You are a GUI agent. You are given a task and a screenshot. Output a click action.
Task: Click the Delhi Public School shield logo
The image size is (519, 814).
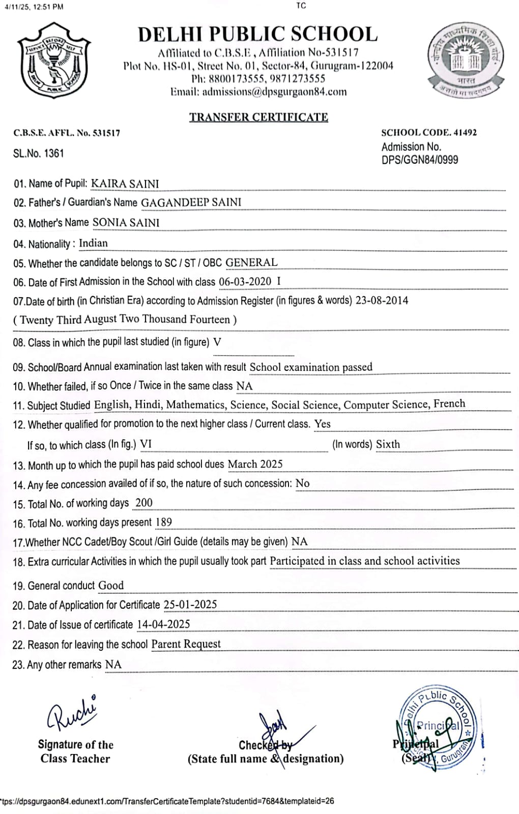point(53,61)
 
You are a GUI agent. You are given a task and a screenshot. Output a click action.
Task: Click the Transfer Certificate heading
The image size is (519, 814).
point(258,117)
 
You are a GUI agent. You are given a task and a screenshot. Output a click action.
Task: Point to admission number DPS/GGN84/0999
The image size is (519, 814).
point(420,160)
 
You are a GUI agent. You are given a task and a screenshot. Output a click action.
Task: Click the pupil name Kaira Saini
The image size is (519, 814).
point(125,184)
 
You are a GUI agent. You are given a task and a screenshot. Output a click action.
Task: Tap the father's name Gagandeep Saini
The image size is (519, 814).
point(191,202)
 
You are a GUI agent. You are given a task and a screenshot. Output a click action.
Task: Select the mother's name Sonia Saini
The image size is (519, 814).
point(126,223)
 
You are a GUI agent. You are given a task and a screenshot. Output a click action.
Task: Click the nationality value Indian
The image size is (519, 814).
point(93,243)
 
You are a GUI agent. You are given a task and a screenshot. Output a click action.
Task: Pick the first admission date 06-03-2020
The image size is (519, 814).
point(245,282)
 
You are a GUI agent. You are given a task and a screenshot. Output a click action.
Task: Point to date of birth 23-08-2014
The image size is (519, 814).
point(382,300)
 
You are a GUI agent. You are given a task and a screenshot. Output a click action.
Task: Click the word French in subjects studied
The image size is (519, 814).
point(449,404)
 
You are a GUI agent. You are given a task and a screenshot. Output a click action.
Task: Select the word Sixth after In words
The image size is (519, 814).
point(388,444)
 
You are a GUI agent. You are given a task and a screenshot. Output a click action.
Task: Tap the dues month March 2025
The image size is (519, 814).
point(255,464)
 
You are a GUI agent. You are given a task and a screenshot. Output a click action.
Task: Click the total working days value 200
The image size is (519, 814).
point(143,503)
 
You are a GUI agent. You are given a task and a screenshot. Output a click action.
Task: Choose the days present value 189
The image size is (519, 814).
point(164,522)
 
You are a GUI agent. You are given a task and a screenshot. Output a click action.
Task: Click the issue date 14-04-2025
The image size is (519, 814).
point(163,624)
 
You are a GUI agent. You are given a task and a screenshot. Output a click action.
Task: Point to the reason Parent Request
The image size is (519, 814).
point(186,644)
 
